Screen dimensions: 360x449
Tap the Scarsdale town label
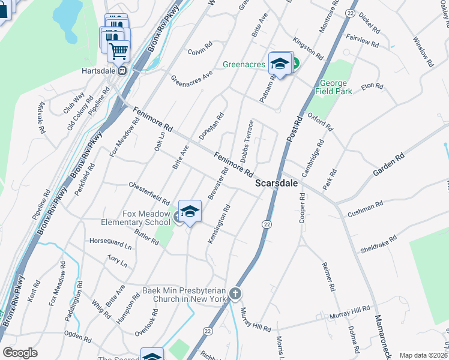click(276, 183)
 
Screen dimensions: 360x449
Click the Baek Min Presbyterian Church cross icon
click(235, 294)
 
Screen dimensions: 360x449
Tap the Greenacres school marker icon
click(280, 63)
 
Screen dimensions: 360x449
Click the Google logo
click(20, 353)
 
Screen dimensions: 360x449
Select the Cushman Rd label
click(365, 208)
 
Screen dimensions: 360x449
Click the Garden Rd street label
click(388, 164)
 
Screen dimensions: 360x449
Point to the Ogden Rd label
click(79, 337)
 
